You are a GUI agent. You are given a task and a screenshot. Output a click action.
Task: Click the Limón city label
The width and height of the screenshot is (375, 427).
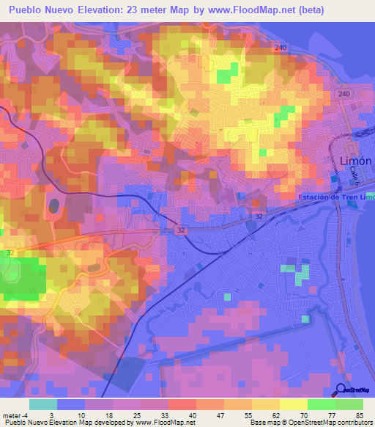[356, 161]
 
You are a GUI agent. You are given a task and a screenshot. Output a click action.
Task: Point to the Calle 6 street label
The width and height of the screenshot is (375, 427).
[352, 174]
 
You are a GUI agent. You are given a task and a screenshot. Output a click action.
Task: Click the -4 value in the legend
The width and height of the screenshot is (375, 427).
[27, 415]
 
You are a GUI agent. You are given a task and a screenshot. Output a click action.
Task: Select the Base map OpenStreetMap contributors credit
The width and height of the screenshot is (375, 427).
[311, 423]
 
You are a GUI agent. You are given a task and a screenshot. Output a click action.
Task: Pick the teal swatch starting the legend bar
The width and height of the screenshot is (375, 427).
[43, 404]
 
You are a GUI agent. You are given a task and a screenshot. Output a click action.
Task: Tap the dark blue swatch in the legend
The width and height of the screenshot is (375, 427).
[71, 404]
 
